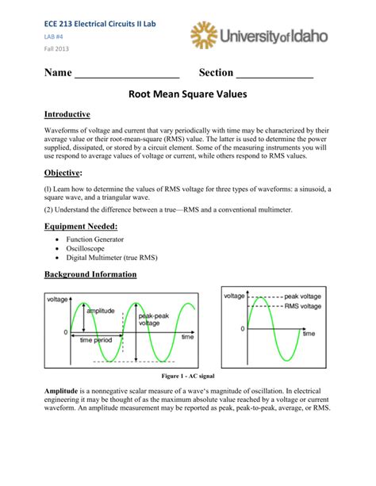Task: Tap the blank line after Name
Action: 127,75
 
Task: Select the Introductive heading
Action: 67,115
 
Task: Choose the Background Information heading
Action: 90,274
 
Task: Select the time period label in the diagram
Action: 96,339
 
